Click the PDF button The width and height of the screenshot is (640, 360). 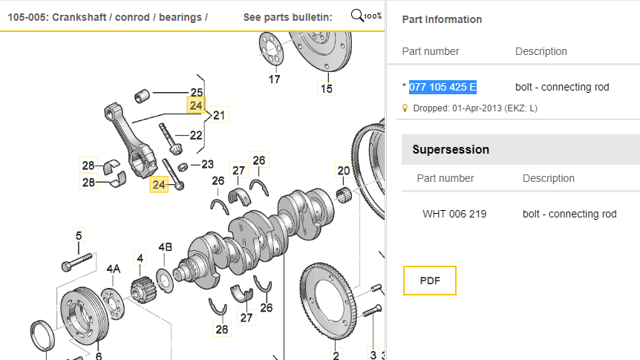[430, 281]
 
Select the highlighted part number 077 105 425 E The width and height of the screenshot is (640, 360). [443, 87]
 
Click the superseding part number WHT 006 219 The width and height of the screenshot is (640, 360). [454, 214]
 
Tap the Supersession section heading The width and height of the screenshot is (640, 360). [451, 149]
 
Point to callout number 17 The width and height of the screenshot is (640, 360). [274, 79]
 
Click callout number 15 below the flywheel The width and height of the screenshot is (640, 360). [327, 89]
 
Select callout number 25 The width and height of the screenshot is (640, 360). [196, 93]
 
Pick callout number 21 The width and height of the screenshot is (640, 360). [219, 116]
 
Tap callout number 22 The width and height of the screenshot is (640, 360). [196, 135]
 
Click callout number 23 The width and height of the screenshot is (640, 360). [207, 164]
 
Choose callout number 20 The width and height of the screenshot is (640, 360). [343, 171]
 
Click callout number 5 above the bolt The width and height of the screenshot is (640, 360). [77, 237]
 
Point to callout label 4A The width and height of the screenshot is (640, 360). [113, 268]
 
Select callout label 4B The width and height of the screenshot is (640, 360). [165, 247]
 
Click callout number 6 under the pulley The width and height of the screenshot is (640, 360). [99, 356]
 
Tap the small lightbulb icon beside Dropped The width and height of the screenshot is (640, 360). [405, 108]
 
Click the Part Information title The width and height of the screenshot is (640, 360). [442, 19]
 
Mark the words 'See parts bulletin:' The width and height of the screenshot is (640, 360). [288, 17]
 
